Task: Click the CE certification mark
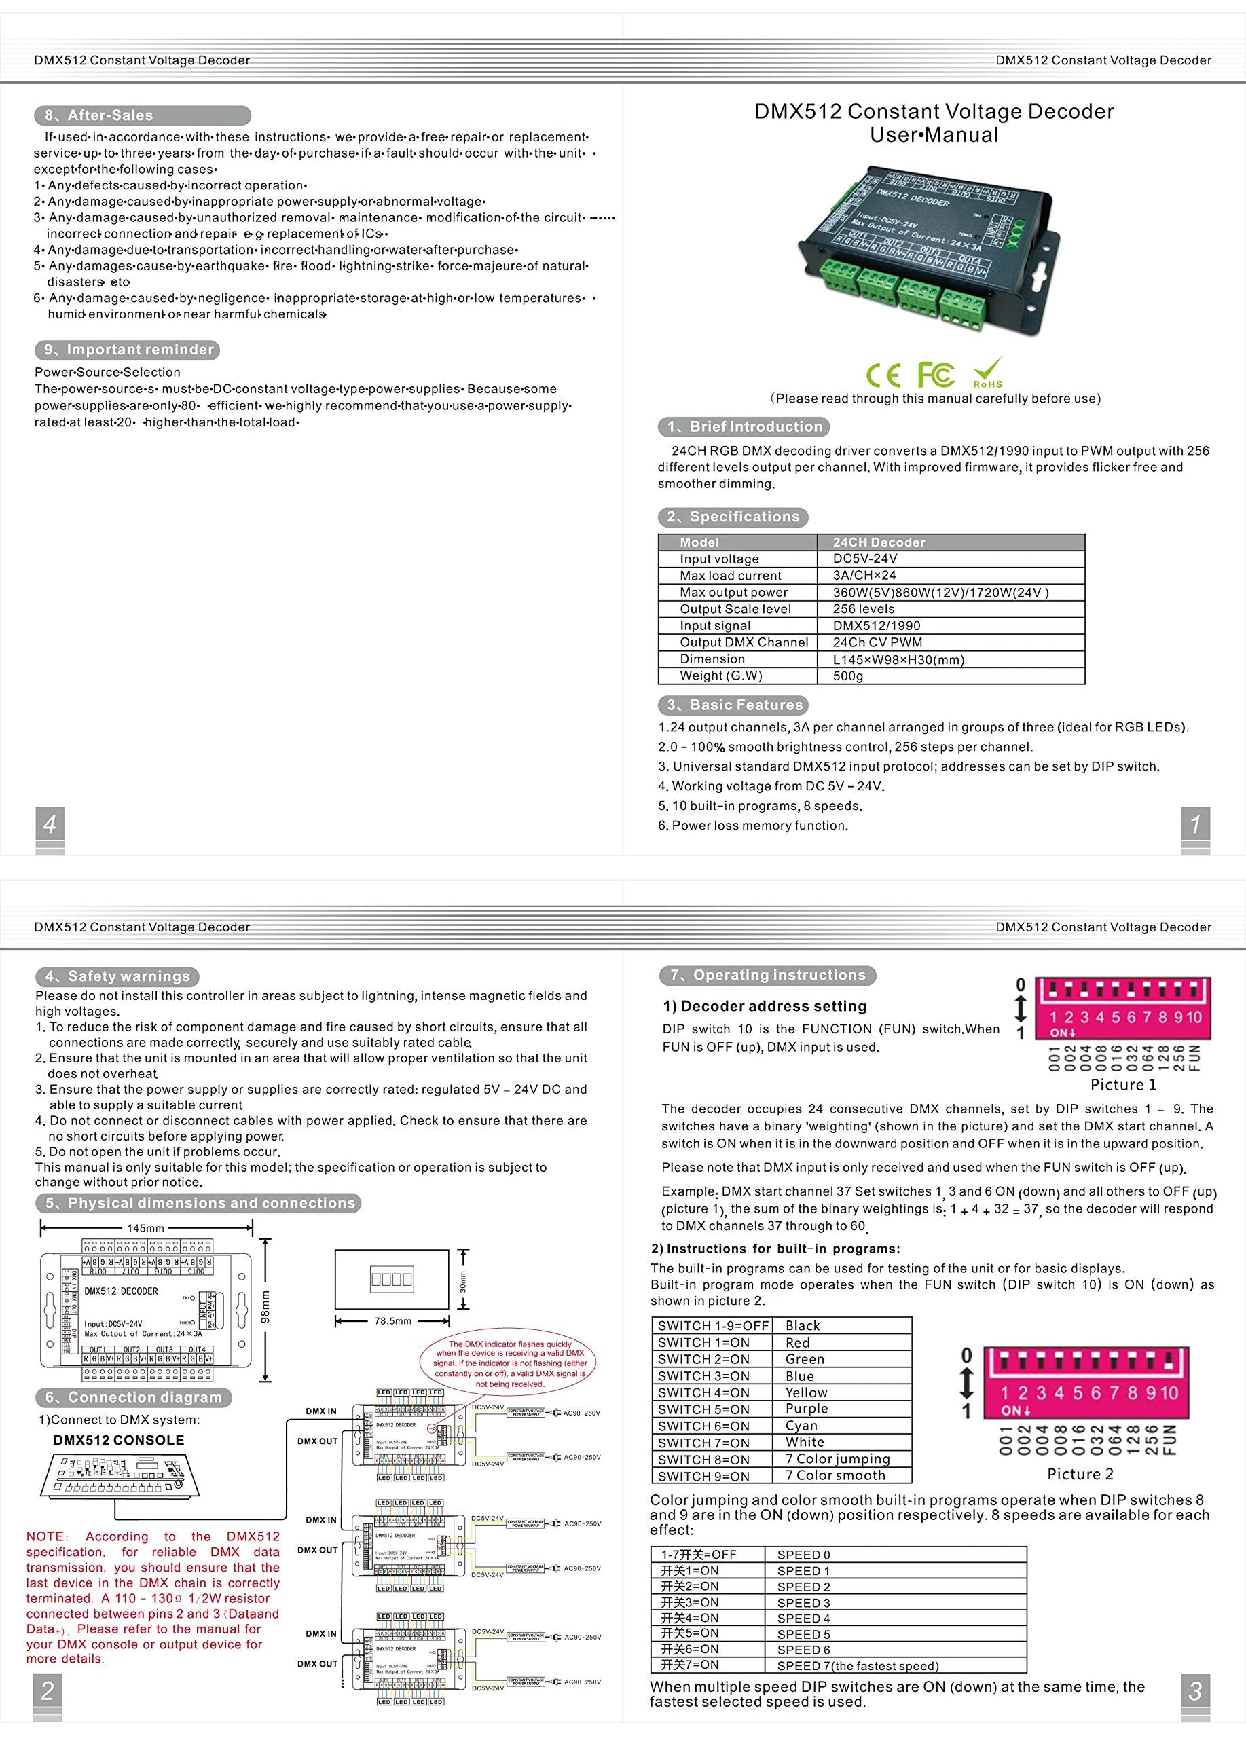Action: coord(883,375)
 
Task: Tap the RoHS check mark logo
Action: coord(988,373)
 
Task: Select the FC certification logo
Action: coord(936,374)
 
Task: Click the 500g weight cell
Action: coord(847,676)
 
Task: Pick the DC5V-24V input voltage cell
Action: coord(864,559)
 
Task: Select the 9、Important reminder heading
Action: coord(127,350)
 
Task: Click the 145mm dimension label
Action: coord(145,1227)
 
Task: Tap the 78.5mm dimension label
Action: coord(392,1320)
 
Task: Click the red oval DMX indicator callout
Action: coord(509,1363)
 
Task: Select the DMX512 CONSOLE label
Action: coord(119,1440)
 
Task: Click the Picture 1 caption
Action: coord(1122,1084)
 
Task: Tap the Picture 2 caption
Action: coord(1080,1474)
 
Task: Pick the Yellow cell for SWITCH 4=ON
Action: coord(806,1392)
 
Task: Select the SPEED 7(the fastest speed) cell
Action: coord(858,1665)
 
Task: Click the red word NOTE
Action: coord(46,1536)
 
